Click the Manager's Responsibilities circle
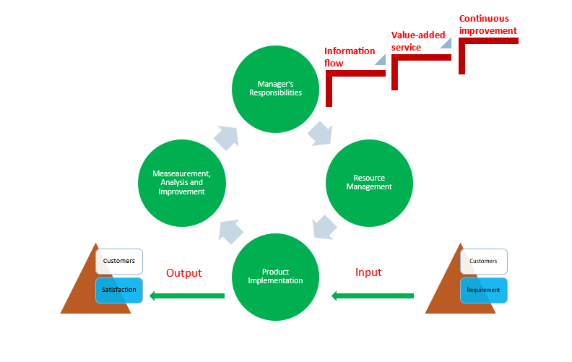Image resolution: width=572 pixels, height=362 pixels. tap(275, 89)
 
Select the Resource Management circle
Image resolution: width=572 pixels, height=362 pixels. tap(369, 183)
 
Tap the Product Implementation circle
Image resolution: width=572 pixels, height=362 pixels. tap(275, 277)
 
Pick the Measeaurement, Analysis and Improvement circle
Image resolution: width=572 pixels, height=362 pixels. tap(182, 183)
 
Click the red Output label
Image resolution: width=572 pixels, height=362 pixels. tap(184, 273)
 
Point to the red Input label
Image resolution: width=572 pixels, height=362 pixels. tap(368, 272)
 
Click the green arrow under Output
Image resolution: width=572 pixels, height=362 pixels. tap(187, 296)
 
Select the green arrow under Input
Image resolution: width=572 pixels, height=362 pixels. tap(373, 296)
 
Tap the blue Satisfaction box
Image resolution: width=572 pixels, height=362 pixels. tap(119, 290)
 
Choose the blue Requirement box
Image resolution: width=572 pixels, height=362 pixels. tap(484, 290)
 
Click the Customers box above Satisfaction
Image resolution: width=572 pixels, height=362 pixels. tap(119, 262)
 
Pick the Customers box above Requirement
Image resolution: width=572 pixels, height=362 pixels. tap(484, 262)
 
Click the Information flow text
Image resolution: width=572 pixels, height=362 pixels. tap(349, 57)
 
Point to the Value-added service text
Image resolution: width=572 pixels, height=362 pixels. tap(418, 41)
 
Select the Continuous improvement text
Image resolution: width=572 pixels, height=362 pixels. tap(487, 25)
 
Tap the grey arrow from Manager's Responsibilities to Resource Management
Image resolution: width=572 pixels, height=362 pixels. tap(320, 134)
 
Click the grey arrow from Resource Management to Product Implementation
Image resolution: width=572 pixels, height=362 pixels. tap(324, 228)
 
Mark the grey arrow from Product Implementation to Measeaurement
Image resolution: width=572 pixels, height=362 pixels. tap(230, 232)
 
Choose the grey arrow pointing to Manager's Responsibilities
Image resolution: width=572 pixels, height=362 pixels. tap(227, 138)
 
